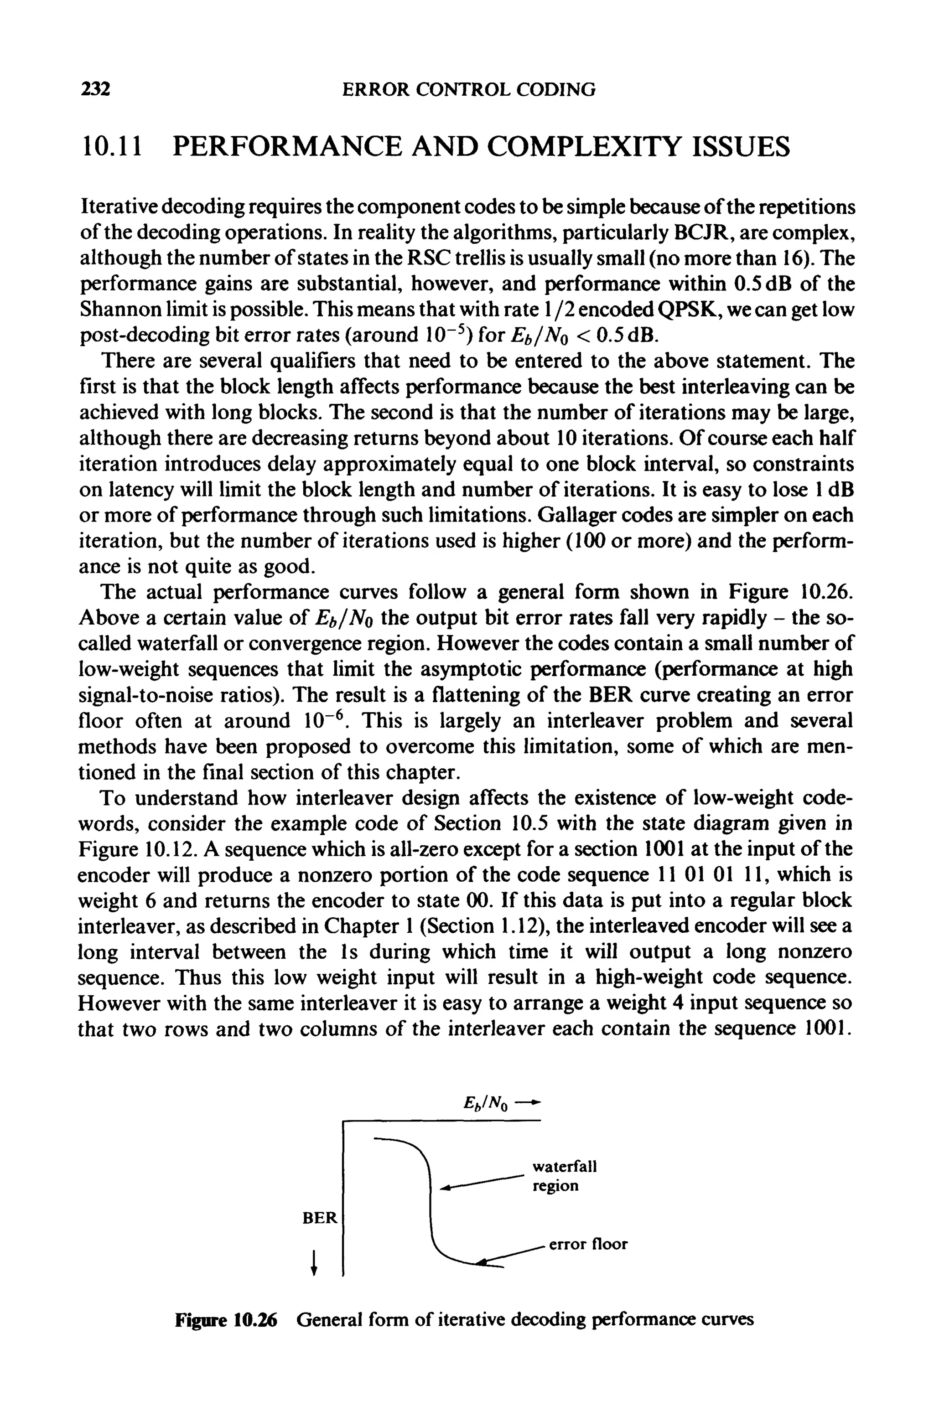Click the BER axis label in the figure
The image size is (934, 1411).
[x=320, y=1219]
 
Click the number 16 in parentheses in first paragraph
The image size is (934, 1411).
[x=790, y=258]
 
